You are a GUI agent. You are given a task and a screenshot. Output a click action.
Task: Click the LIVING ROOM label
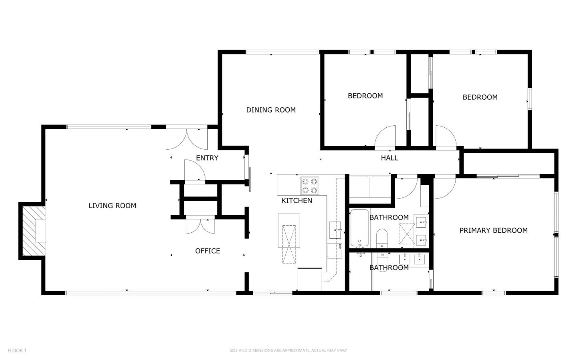(112, 206)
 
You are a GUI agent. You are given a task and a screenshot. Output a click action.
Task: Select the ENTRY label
(207, 158)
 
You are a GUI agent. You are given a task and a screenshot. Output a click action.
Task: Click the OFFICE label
(207, 251)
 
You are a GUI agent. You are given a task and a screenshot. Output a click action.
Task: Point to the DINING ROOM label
(270, 110)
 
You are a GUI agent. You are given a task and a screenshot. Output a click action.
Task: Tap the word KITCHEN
(297, 201)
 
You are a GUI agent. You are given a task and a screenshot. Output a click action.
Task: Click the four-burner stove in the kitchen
(309, 186)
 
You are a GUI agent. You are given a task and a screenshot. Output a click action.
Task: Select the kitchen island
(289, 238)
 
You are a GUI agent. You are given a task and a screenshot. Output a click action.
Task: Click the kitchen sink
(335, 230)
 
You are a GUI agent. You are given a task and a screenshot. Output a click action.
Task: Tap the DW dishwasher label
(339, 246)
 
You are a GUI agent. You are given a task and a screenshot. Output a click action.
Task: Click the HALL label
(389, 158)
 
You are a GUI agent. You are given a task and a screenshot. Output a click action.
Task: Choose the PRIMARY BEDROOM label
(493, 230)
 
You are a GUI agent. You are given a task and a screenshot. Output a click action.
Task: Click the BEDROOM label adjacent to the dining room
(365, 96)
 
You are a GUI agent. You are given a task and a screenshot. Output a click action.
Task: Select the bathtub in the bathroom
(359, 228)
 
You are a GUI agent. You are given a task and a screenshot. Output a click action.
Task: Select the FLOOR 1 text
(17, 351)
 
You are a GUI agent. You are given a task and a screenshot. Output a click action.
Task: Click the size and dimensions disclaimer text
(288, 351)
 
